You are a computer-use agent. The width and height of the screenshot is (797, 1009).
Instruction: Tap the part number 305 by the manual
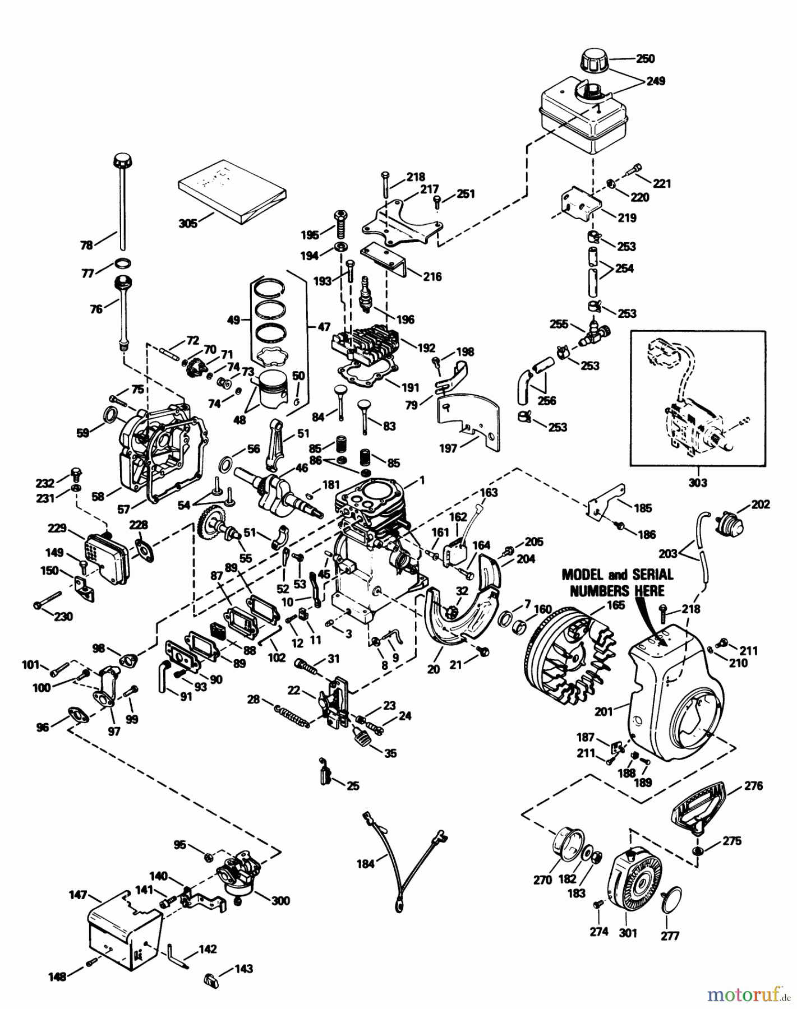click(x=187, y=223)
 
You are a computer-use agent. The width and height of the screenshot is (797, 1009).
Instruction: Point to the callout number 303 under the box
click(x=697, y=482)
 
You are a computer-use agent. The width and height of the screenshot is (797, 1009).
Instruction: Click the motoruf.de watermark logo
click(x=746, y=995)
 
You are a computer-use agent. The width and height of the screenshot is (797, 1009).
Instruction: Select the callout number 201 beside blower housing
click(x=603, y=711)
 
